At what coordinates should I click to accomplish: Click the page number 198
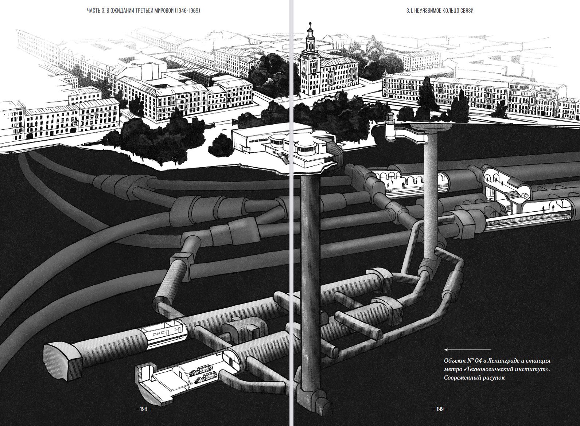(x=143, y=409)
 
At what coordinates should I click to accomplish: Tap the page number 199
(x=440, y=409)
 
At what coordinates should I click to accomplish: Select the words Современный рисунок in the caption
(x=474, y=378)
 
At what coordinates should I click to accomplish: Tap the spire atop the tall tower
(x=310, y=26)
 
